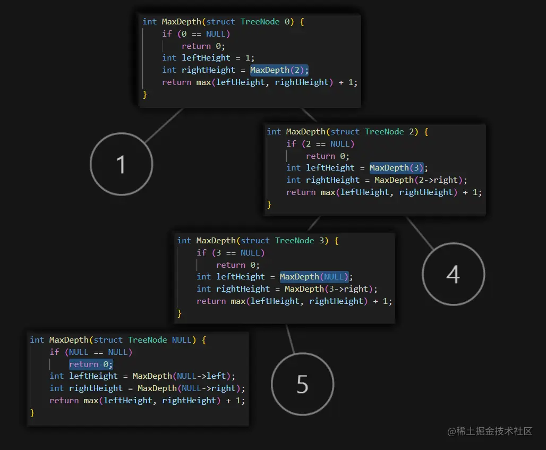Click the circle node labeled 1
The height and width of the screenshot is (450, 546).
[121, 164]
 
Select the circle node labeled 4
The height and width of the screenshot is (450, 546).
[453, 274]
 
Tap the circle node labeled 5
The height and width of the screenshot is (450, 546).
[302, 384]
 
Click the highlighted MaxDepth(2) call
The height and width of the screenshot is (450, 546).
[279, 70]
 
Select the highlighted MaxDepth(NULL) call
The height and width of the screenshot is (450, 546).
[314, 277]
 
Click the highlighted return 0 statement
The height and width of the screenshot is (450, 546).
[91, 364]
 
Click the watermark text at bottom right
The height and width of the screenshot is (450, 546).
[490, 431]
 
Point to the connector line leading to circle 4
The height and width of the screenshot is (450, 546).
[421, 233]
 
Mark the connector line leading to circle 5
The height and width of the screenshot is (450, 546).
[290, 338]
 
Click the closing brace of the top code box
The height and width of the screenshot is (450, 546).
[145, 95]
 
